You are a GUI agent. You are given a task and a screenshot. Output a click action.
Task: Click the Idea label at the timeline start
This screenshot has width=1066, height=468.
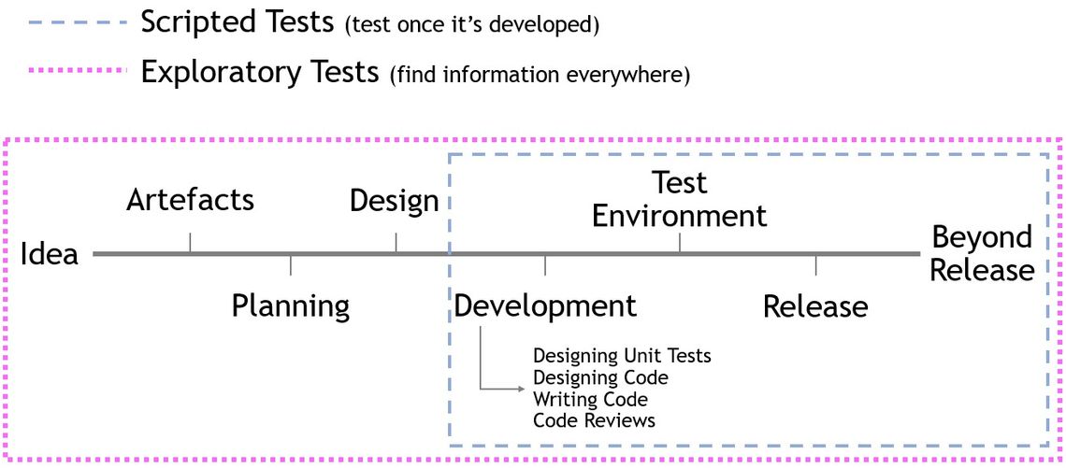pyautogui.click(x=50, y=254)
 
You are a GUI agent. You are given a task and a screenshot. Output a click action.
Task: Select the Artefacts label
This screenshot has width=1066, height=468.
pyautogui.click(x=191, y=200)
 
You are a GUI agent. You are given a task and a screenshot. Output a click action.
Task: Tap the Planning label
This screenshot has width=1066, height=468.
pyautogui.click(x=291, y=306)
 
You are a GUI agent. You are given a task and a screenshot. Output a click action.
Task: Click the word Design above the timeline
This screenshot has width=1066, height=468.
pyautogui.click(x=394, y=201)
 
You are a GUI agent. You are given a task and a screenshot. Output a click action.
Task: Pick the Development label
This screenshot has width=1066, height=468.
pyautogui.click(x=545, y=306)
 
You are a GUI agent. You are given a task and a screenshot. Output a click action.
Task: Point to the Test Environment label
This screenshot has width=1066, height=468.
pyautogui.click(x=679, y=200)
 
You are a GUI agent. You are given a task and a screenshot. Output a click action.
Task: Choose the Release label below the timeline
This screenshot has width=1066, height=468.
pyautogui.click(x=815, y=306)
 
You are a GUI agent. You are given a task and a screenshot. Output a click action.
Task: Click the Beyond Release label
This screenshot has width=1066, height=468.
pyautogui.click(x=982, y=254)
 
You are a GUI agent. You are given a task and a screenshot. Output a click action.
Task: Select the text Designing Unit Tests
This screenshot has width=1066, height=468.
pyautogui.click(x=622, y=356)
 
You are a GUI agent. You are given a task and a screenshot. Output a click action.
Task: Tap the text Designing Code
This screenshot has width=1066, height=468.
pyautogui.click(x=600, y=377)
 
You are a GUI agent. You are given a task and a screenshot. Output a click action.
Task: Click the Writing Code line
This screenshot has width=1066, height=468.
pyautogui.click(x=590, y=399)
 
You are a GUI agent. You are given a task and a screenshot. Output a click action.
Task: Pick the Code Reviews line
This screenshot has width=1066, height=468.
pyautogui.click(x=594, y=420)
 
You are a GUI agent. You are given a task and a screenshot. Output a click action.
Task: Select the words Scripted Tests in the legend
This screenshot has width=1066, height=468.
pyautogui.click(x=237, y=22)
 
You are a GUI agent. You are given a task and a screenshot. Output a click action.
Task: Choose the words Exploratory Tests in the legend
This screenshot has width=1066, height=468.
pyautogui.click(x=260, y=72)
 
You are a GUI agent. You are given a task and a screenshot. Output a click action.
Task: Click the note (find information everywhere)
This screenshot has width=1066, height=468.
pyautogui.click(x=540, y=75)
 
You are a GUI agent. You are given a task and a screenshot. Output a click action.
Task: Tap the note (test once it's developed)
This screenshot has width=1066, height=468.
pyautogui.click(x=471, y=25)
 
